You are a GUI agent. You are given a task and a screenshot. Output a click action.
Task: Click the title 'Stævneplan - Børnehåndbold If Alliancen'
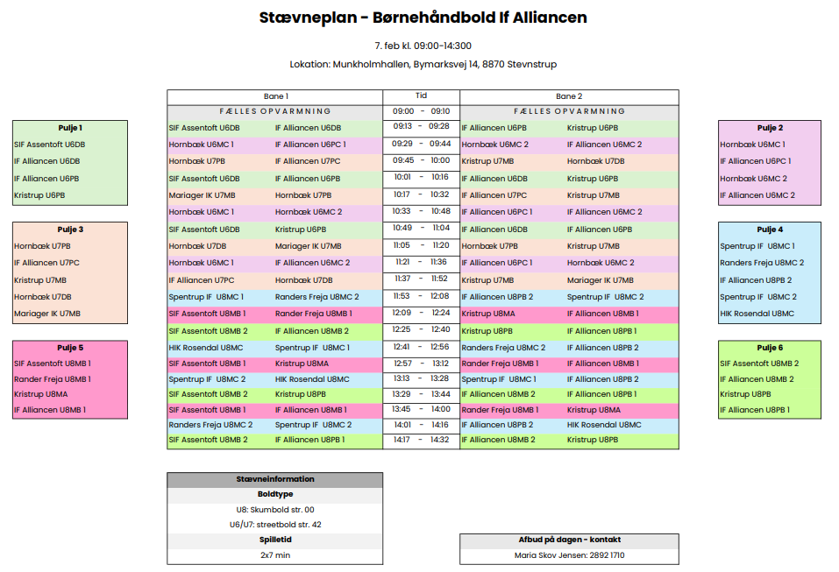point(423,18)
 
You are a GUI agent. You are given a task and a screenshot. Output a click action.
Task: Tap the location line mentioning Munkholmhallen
point(423,64)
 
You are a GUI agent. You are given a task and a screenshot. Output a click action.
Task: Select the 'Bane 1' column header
point(275,96)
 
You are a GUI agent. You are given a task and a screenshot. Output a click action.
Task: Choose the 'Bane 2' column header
point(568,96)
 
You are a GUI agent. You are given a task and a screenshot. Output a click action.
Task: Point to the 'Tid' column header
point(421,95)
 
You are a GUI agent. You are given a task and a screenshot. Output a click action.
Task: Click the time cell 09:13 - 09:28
point(421,127)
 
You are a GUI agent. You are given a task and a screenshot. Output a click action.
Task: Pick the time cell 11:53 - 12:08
point(421,296)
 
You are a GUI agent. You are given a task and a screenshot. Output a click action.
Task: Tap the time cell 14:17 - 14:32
point(421,440)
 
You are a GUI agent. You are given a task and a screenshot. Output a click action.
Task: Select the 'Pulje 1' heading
point(69,128)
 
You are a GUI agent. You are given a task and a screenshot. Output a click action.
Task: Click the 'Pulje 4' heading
point(770,230)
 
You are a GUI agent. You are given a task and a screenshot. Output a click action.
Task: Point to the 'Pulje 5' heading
point(69,347)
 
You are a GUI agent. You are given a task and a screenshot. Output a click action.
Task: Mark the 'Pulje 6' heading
point(770,348)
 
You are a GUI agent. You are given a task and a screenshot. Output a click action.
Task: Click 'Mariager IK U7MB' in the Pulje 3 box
point(47,314)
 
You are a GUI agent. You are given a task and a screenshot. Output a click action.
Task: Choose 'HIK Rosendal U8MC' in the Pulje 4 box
point(757,314)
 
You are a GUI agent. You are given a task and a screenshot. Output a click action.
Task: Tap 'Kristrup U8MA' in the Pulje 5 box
point(40,394)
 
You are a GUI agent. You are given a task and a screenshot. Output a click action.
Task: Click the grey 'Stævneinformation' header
point(274,480)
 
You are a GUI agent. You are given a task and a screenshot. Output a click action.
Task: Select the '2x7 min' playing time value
point(274,555)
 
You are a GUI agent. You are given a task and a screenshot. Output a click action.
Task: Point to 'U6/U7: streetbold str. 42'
point(274,525)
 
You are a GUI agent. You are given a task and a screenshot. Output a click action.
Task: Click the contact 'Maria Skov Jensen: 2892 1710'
point(568,555)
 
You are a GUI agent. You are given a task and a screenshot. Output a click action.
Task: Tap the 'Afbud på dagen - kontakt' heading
point(568,540)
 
